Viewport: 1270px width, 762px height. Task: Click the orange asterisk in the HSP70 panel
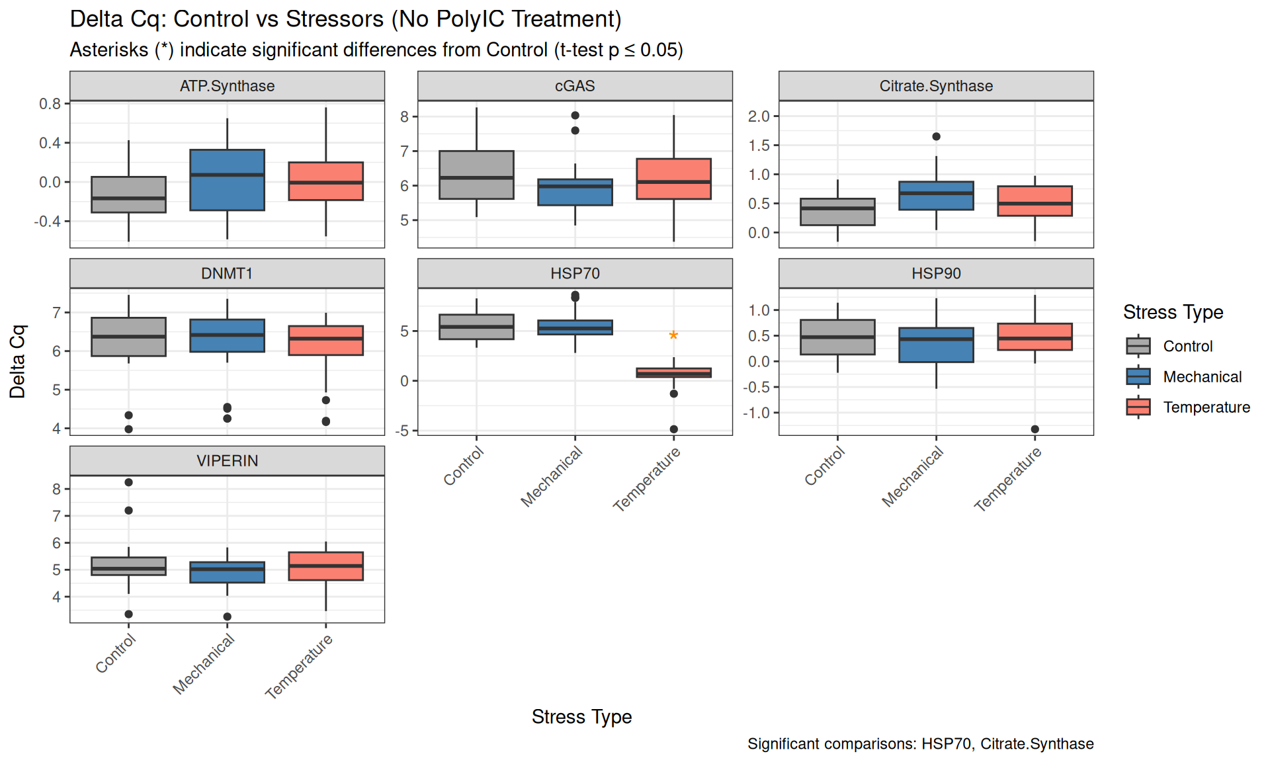[673, 336]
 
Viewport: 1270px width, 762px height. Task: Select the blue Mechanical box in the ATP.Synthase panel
[227, 180]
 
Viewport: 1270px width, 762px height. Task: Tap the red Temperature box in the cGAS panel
[673, 179]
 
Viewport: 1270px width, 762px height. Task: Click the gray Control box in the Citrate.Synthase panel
[837, 212]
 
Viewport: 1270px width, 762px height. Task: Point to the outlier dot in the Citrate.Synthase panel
[936, 137]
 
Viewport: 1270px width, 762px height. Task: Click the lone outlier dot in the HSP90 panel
[1035, 429]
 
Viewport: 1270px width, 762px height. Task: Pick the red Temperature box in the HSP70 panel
[673, 372]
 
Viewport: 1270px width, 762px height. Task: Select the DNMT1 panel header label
[227, 273]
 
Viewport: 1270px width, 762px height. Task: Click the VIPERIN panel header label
[227, 460]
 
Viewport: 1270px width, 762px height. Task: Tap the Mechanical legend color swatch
[1138, 376]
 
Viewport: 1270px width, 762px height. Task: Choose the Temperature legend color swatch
[1138, 407]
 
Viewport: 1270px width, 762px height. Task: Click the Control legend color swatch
[1138, 346]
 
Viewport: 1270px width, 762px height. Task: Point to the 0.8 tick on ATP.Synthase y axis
[50, 104]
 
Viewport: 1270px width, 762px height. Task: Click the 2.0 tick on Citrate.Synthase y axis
[759, 116]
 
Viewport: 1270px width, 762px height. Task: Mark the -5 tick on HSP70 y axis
[402, 431]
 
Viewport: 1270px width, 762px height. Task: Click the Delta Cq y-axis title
[17, 361]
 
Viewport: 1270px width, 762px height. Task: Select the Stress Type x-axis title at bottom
[581, 717]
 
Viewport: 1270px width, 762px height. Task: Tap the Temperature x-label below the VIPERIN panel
[299, 666]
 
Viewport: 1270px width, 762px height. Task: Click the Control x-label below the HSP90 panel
[824, 466]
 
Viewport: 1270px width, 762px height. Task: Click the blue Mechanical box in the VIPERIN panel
[227, 572]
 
